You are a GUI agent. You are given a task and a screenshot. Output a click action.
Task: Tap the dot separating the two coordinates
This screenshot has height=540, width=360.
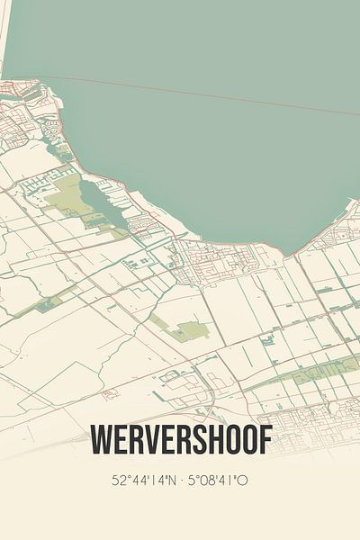(182, 480)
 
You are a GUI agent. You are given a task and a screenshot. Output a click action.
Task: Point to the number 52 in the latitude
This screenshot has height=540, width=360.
(118, 480)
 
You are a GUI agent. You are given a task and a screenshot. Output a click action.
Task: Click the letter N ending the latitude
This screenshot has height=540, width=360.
(171, 480)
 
